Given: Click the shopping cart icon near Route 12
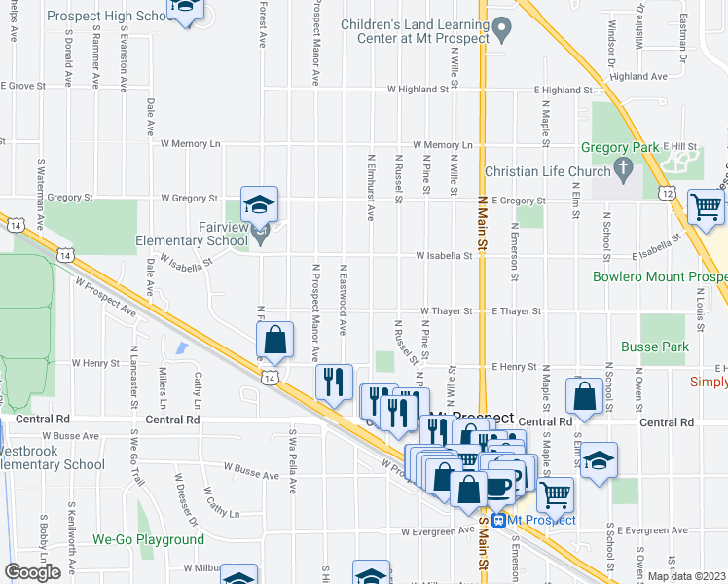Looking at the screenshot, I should (706, 205).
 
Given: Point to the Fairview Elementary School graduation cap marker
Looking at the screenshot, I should (259, 204).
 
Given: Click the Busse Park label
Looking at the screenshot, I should (656, 347).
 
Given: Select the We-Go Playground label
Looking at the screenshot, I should (148, 539).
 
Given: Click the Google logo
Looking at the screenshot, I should (32, 572).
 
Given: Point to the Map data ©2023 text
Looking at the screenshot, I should (686, 576).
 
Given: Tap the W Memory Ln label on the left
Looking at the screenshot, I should (191, 143).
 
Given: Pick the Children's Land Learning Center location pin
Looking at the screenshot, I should (501, 30).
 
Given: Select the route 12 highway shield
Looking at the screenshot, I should (668, 193).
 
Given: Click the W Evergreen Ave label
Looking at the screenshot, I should (438, 532).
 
